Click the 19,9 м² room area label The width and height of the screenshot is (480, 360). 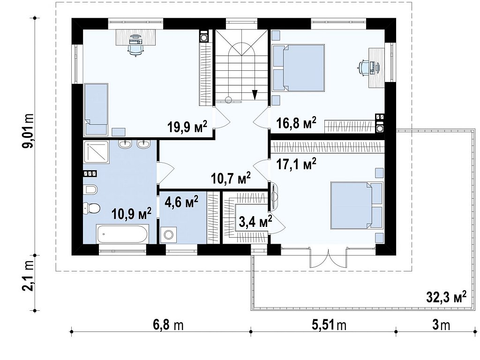[187, 126]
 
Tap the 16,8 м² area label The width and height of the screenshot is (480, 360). [296, 123]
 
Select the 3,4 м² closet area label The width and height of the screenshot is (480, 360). [255, 221]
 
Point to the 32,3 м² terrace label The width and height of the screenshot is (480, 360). [447, 297]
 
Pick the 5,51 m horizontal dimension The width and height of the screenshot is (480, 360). [329, 325]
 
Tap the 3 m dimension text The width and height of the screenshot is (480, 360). [441, 325]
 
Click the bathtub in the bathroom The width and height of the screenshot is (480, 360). [122, 234]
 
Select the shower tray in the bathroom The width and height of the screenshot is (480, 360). [96, 151]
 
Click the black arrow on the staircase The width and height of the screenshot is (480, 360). [255, 94]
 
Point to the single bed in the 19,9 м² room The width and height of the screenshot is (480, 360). [96, 109]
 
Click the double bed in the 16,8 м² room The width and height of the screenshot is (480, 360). [299, 67]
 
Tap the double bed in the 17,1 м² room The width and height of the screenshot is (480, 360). [357, 205]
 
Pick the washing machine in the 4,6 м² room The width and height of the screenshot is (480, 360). [168, 235]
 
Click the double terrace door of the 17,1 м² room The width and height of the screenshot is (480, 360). [328, 258]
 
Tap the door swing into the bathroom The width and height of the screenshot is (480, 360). [165, 173]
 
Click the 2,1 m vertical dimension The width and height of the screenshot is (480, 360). [29, 283]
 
